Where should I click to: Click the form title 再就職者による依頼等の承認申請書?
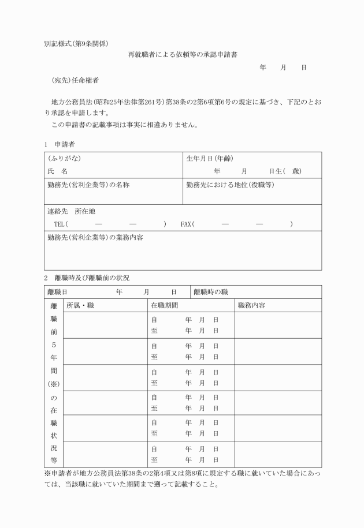(x=183, y=55)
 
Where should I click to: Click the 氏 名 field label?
(x=58, y=171)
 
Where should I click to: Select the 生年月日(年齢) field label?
(x=210, y=158)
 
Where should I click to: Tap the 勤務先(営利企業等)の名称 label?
(x=88, y=185)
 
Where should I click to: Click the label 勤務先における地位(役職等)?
(x=230, y=185)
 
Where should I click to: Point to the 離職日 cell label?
(x=57, y=292)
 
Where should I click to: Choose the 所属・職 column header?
(x=80, y=305)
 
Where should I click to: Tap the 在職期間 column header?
(x=165, y=305)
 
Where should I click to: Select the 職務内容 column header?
(x=251, y=305)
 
